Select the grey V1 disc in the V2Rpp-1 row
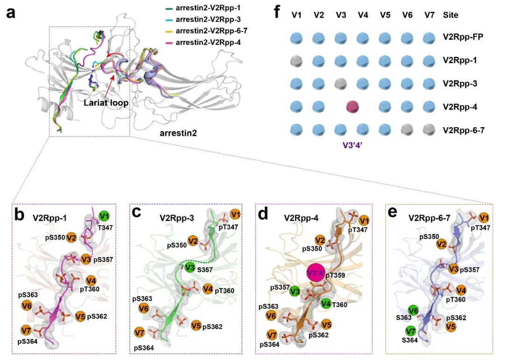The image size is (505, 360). pos(297,61)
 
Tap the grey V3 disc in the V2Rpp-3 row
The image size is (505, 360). pos(341,84)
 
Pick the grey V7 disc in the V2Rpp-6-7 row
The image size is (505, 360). pos(429,130)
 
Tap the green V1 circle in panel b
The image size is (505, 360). pos(105,216)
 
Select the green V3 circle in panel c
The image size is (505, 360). pos(189,268)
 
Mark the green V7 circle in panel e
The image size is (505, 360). pos(411,332)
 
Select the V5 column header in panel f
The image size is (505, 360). pos(385,15)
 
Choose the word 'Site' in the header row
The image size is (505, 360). pos(450,15)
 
